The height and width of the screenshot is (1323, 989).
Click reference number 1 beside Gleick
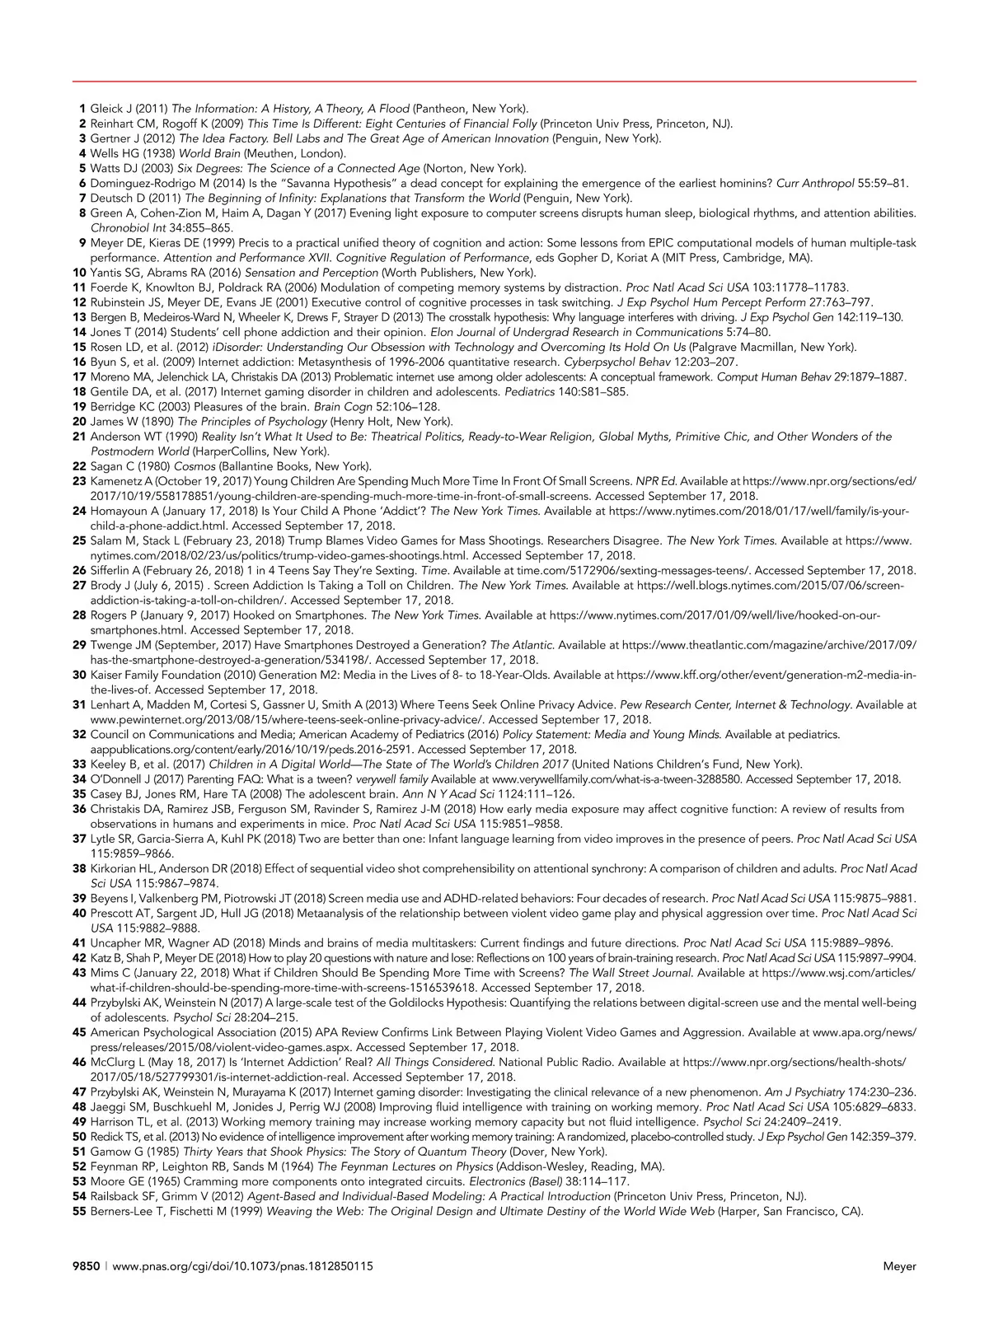[x=82, y=108]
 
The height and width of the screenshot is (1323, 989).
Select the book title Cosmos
[x=212, y=465]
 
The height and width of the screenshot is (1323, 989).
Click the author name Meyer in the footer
[x=900, y=1267]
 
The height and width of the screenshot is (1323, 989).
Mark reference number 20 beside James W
[x=80, y=421]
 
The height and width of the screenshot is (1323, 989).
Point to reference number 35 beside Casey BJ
[x=80, y=794]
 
